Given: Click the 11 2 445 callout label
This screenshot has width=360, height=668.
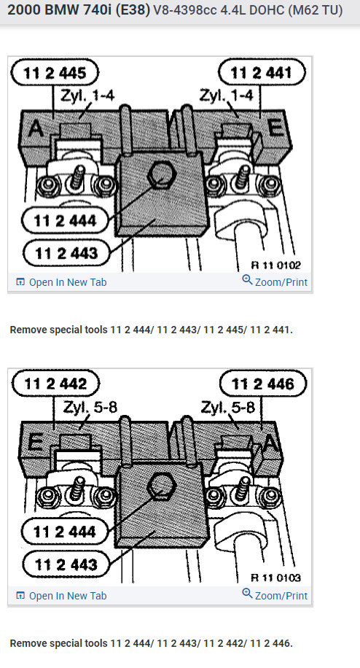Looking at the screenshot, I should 55,72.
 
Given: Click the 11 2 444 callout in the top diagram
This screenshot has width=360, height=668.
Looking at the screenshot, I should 66,219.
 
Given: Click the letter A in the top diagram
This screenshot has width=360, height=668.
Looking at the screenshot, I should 34,129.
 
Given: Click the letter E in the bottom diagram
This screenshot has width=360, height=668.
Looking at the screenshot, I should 34,441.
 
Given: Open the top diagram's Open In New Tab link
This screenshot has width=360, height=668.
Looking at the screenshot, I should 61,282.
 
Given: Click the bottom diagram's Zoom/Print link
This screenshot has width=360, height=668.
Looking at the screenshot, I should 275,595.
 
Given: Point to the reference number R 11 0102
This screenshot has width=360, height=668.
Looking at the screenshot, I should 276,265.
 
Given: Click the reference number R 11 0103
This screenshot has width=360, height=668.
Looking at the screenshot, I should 276,578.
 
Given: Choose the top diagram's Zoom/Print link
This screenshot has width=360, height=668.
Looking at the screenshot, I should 275,282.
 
